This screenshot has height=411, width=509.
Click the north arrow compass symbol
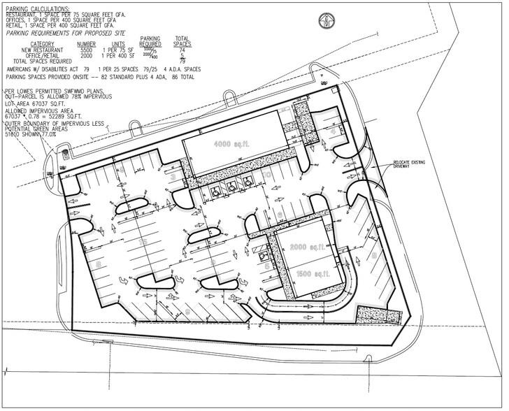tap(326, 20)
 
